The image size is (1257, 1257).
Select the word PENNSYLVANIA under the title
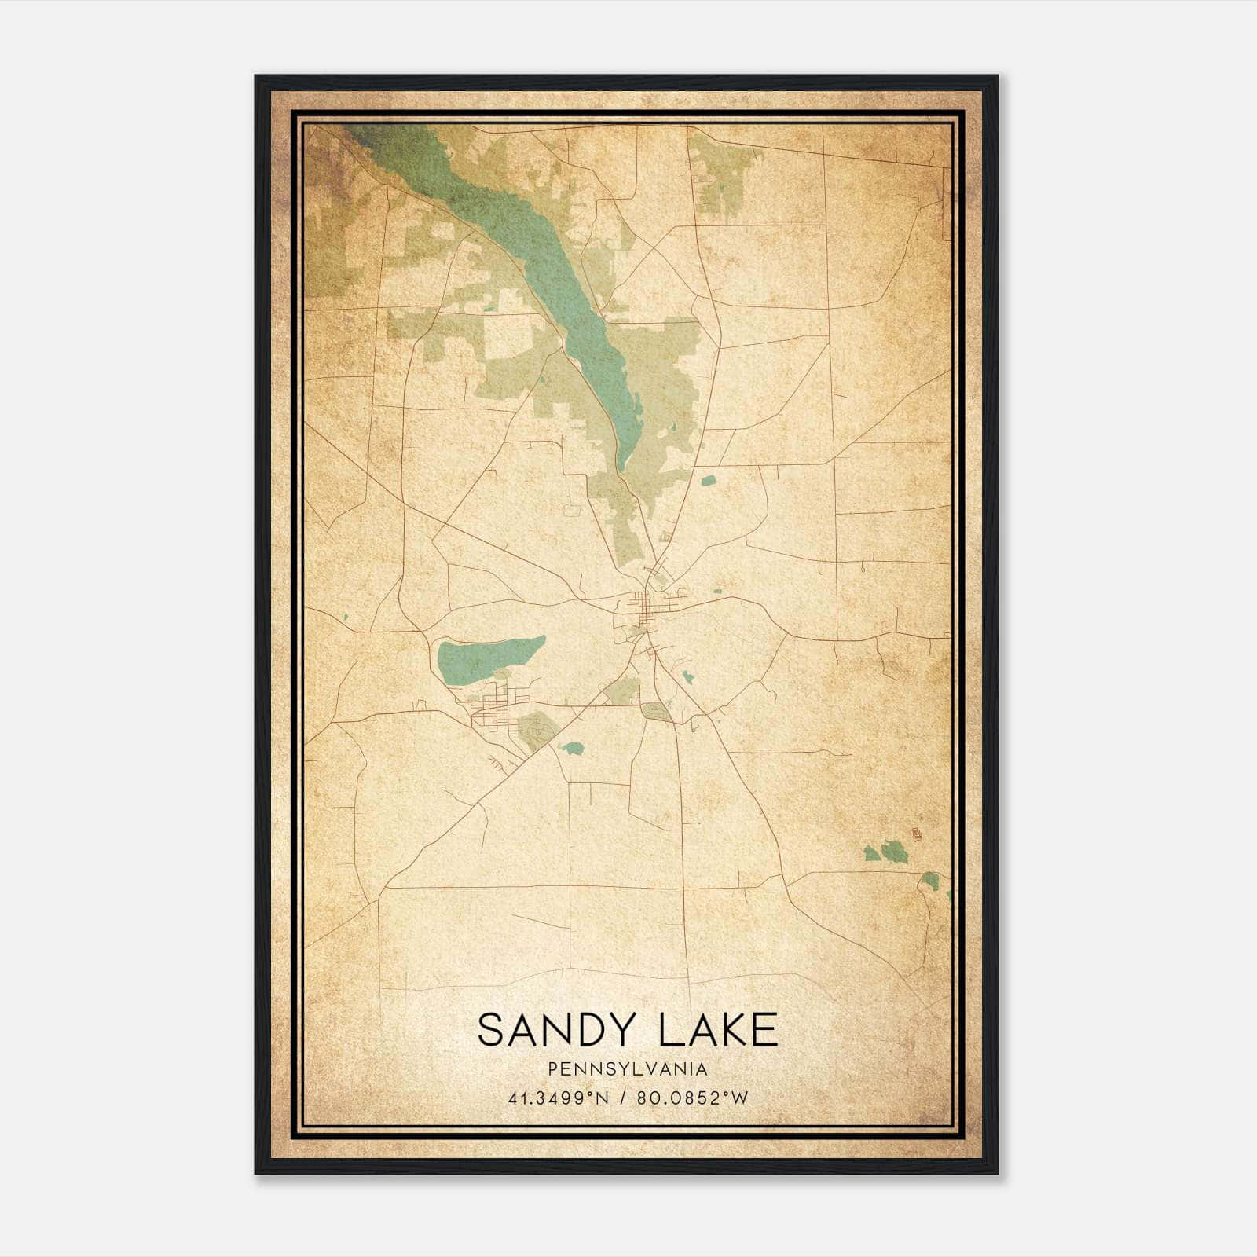(628, 1069)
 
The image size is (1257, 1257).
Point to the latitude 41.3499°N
(559, 1098)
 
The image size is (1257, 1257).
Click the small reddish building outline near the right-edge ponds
(915, 832)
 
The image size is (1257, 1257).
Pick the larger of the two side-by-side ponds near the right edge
(893, 850)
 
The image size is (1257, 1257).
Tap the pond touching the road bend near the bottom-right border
(930, 881)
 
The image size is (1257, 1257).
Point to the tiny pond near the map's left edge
(344, 618)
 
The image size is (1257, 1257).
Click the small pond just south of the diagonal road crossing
(572, 748)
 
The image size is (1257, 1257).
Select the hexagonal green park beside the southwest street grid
(537, 730)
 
